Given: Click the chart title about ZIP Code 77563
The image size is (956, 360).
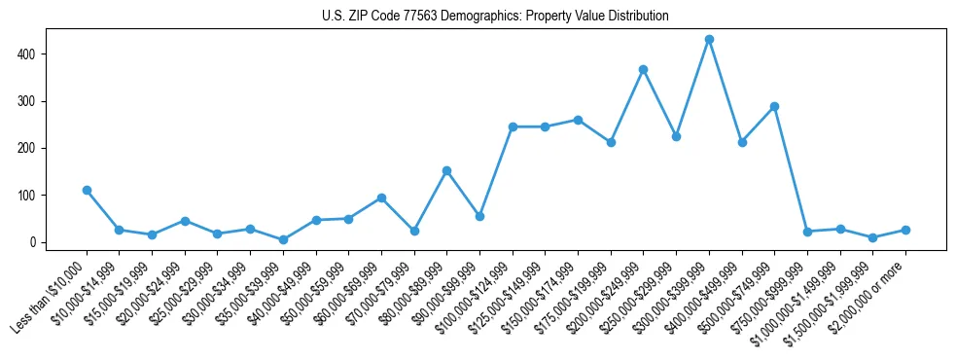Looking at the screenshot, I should pyautogui.click(x=495, y=17).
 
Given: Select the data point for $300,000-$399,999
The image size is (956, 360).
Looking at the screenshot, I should pyautogui.click(x=709, y=40).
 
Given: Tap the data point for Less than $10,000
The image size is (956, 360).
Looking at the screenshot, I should pyautogui.click(x=87, y=191).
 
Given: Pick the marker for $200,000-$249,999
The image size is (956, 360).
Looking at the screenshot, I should pyautogui.click(x=644, y=70).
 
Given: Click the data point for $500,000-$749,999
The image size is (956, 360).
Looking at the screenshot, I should pyautogui.click(x=774, y=107).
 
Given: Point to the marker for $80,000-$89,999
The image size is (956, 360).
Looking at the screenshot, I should pyautogui.click(x=446, y=171).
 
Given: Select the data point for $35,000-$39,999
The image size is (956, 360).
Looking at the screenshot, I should pyautogui.click(x=283, y=239).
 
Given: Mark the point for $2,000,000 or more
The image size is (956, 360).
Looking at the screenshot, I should pyautogui.click(x=905, y=231).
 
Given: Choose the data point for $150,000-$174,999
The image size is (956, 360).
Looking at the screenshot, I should pyautogui.click(x=578, y=120).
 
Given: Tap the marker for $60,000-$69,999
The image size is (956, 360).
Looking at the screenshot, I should pyautogui.click(x=381, y=198).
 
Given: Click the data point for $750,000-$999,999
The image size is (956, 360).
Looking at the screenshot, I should pyautogui.click(x=807, y=232).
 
